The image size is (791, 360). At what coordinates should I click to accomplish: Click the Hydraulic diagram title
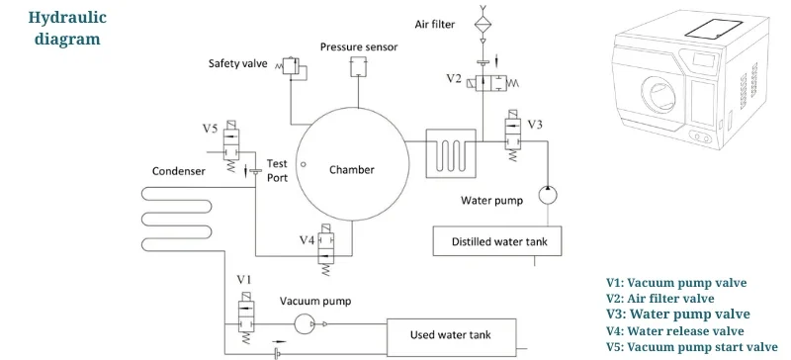[68, 29]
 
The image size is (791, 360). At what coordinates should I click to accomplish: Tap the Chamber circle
[351, 170]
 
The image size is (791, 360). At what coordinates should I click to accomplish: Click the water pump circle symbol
[547, 195]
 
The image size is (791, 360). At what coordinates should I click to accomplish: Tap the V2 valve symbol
[484, 80]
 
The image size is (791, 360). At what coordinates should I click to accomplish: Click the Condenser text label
[178, 171]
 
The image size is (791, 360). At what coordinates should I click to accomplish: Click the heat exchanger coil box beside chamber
[450, 153]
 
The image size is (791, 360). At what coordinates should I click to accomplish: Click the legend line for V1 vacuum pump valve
[676, 283]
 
